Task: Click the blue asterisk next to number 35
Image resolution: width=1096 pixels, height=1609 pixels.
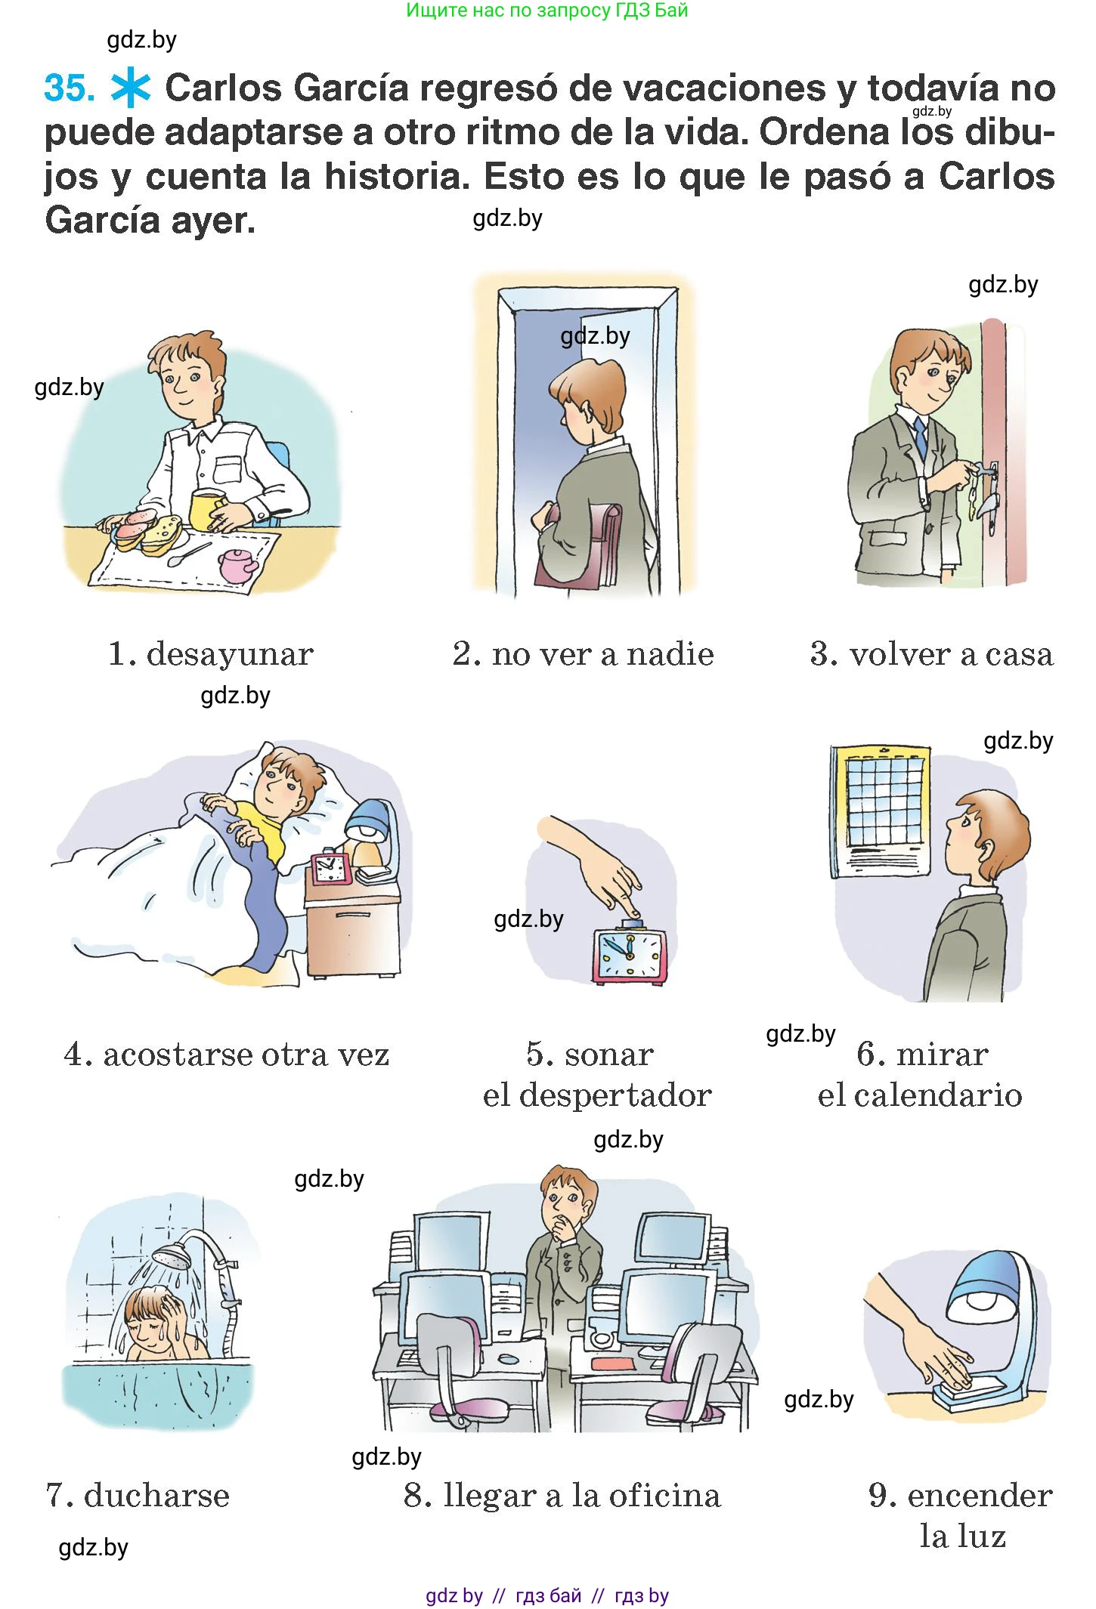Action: pyautogui.click(x=130, y=88)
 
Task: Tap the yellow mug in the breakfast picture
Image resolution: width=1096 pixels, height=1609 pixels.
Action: pyautogui.click(x=207, y=510)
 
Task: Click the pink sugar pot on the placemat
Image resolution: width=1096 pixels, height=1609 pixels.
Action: pyautogui.click(x=237, y=565)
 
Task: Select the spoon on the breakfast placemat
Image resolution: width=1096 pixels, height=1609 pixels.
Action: pyautogui.click(x=188, y=554)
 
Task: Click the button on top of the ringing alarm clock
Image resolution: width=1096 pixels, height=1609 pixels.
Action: pyautogui.click(x=631, y=924)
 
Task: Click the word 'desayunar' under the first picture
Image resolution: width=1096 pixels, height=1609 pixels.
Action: pyautogui.click(x=230, y=653)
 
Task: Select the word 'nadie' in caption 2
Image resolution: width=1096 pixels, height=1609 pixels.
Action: pyautogui.click(x=670, y=654)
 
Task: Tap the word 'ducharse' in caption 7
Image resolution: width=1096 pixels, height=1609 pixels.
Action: pyautogui.click(x=156, y=1495)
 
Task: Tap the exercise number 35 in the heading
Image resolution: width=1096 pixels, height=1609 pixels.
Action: pyautogui.click(x=69, y=88)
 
